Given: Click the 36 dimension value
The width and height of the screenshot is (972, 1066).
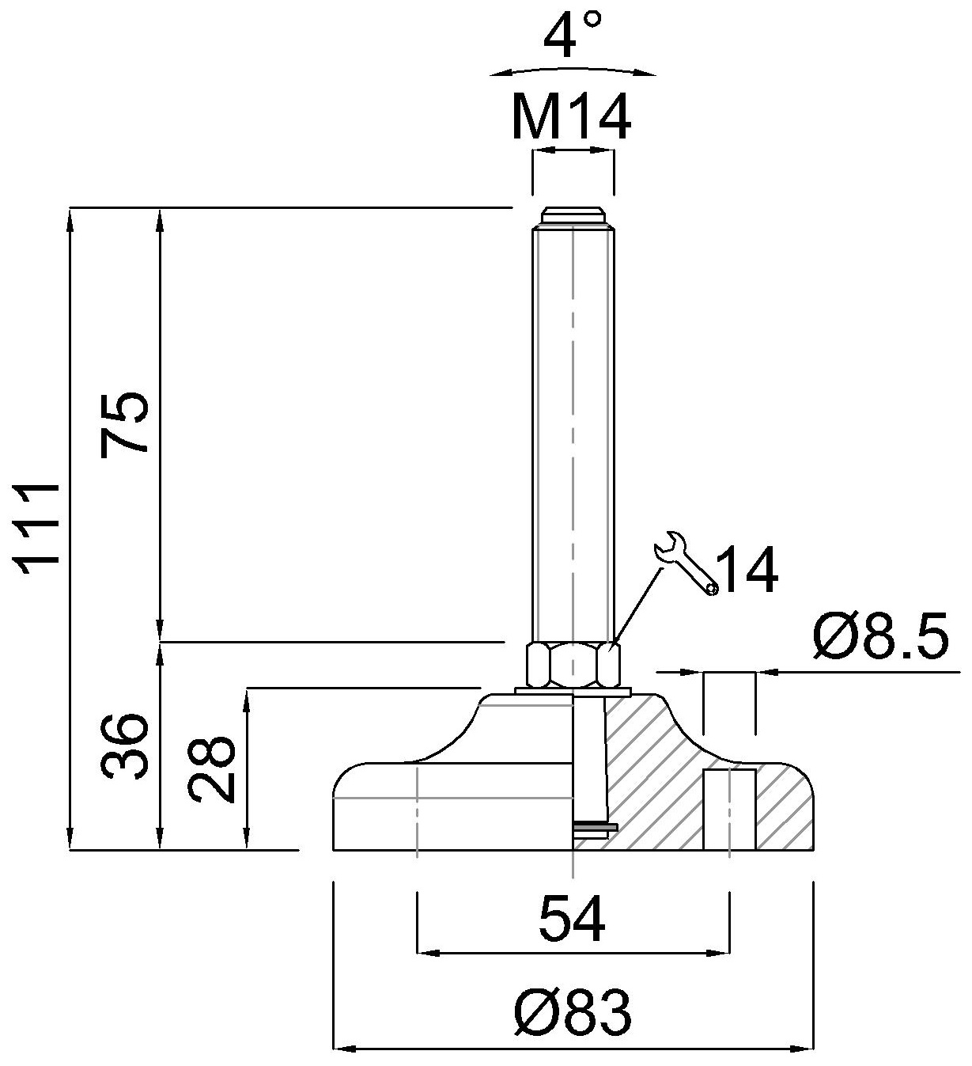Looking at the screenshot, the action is [x=123, y=746].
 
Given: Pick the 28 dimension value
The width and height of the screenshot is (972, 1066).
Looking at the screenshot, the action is [x=211, y=769].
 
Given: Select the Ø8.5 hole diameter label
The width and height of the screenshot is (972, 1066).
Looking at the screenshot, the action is [x=880, y=636].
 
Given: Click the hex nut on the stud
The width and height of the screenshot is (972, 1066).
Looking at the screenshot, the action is [x=573, y=665].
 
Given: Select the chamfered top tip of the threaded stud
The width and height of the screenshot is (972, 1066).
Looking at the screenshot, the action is [x=573, y=216].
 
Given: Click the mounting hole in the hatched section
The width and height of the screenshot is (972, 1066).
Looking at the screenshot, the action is [x=729, y=810].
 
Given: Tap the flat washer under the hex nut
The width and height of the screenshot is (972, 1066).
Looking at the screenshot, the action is [x=573, y=691].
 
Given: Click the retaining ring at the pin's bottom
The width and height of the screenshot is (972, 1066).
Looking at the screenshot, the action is [x=595, y=827].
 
